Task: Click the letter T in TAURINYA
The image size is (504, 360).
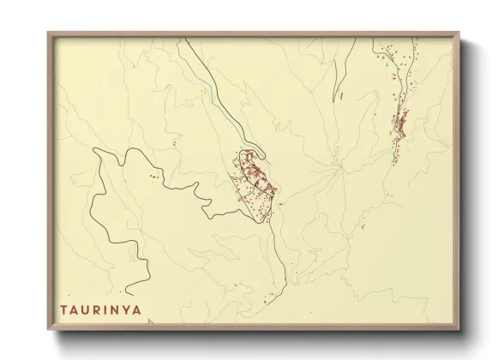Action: point(63,308)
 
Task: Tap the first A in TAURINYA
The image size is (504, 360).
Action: point(75,308)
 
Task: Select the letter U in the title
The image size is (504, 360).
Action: point(86,308)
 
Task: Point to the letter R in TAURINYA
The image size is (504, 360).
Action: point(97,308)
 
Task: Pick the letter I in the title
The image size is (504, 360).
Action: point(105,308)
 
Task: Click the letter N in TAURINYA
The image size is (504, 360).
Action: point(114,308)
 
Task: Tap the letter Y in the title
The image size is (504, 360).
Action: point(125,308)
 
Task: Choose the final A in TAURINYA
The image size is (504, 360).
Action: point(136,308)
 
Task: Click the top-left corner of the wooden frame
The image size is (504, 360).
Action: point(48,33)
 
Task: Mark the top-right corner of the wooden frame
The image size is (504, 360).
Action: point(459,33)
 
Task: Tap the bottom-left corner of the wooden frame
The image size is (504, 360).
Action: point(48,330)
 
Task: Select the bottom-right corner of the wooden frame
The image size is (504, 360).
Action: point(459,330)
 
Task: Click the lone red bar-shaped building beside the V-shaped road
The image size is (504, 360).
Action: point(341,97)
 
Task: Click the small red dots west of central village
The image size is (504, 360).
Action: point(153,177)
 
